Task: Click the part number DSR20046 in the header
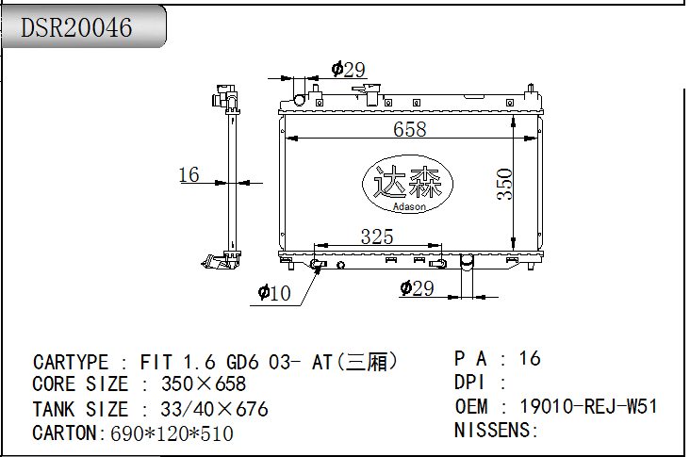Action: pyautogui.click(x=76, y=27)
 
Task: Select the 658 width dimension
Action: pyautogui.click(x=410, y=129)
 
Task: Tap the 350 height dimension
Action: pyautogui.click(x=504, y=184)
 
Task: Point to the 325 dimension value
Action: pyautogui.click(x=377, y=237)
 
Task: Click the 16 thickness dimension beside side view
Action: pyautogui.click(x=189, y=174)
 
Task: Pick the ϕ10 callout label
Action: pyautogui.click(x=274, y=292)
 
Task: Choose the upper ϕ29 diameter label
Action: pyautogui.click(x=348, y=70)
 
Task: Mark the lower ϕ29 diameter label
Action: pyautogui.click(x=418, y=288)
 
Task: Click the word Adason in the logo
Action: pyautogui.click(x=409, y=206)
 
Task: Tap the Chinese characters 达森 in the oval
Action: pyautogui.click(x=407, y=182)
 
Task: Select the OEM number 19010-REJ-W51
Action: pyautogui.click(x=588, y=406)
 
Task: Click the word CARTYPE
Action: pyautogui.click(x=71, y=362)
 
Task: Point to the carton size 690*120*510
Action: pyautogui.click(x=172, y=433)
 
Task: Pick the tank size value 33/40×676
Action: pyautogui.click(x=214, y=409)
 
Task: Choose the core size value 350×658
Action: pyautogui.click(x=204, y=384)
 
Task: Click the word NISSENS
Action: pyautogui.click(x=492, y=430)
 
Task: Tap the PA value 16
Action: pyautogui.click(x=530, y=358)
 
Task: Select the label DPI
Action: pyautogui.click(x=469, y=383)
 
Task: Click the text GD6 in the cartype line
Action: pyautogui.click(x=241, y=362)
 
